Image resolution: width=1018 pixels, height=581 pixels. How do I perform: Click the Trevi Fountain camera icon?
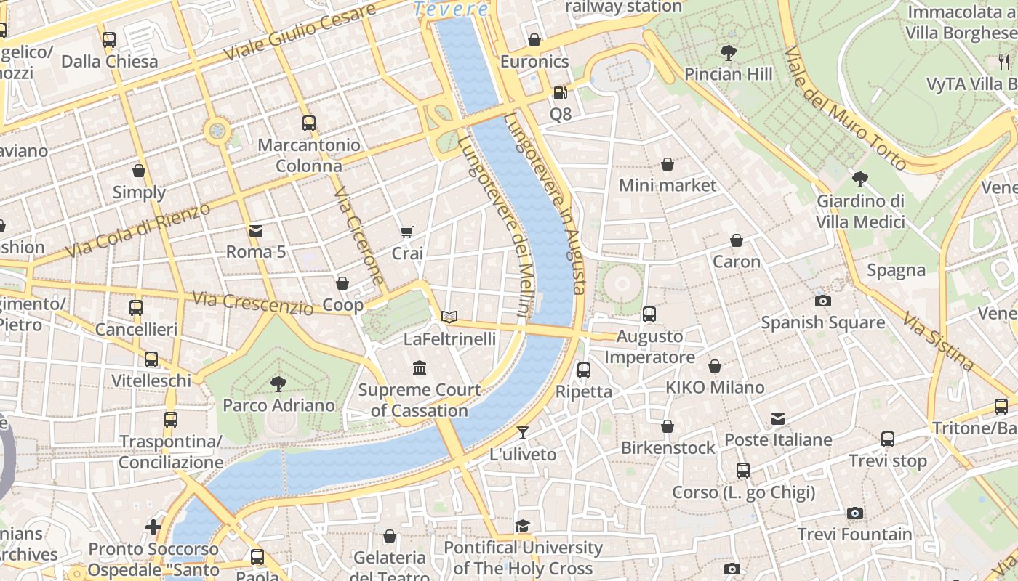[x=855, y=513]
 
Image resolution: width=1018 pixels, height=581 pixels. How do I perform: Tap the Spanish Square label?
[x=822, y=322]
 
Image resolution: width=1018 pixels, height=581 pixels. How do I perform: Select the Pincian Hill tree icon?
[x=728, y=53]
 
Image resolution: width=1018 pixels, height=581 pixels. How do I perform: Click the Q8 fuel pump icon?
[x=560, y=93]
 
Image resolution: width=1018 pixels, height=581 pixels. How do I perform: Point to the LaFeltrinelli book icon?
[x=449, y=317]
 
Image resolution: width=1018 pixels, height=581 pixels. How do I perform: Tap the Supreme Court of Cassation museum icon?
[x=420, y=368]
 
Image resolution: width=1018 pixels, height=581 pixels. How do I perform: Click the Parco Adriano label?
[x=278, y=405]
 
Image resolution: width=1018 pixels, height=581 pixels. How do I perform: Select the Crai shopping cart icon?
[x=407, y=232]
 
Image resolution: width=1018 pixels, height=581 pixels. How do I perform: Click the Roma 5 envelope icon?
[x=256, y=231]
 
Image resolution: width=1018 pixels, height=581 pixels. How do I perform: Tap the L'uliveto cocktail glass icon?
[x=522, y=434]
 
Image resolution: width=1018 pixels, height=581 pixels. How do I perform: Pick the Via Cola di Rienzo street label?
[x=137, y=229]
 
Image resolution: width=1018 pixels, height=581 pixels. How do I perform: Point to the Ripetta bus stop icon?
[x=583, y=370]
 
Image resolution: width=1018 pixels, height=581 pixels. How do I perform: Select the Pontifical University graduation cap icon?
[x=523, y=526]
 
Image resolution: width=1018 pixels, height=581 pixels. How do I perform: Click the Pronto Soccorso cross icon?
[x=153, y=527]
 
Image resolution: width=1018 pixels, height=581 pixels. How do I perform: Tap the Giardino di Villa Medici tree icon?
[x=860, y=179]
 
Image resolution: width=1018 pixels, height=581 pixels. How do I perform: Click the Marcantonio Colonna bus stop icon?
[x=309, y=123]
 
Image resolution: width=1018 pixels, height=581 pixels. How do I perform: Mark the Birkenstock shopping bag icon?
[x=668, y=426]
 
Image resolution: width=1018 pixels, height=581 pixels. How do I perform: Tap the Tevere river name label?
[x=452, y=9]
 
